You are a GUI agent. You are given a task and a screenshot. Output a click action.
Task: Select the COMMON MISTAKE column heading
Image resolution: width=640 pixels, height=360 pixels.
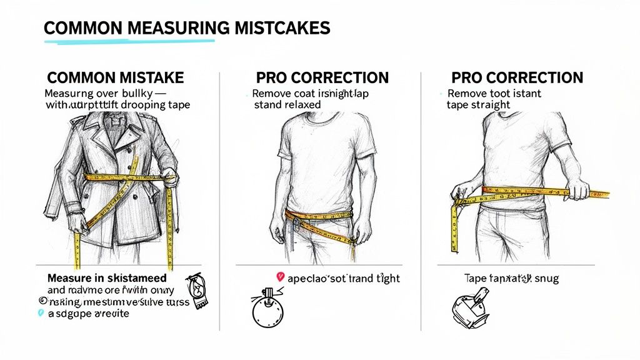coord(116,78)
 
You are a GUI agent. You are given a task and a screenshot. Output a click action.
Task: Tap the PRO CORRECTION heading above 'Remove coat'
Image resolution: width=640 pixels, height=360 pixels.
coord(322,78)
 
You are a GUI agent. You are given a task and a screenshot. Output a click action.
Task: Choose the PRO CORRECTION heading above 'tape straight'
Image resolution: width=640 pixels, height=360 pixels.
coord(517,78)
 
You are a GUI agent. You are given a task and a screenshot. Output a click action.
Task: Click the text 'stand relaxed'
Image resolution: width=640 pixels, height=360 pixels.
coord(287,105)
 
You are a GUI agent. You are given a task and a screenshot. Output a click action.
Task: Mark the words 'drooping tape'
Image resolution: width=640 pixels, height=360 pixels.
coord(156,105)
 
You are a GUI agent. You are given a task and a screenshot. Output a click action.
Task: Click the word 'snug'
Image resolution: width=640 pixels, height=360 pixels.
coord(543,278)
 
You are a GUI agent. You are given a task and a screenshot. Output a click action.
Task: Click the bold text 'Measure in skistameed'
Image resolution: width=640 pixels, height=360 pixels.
coord(107,277)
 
